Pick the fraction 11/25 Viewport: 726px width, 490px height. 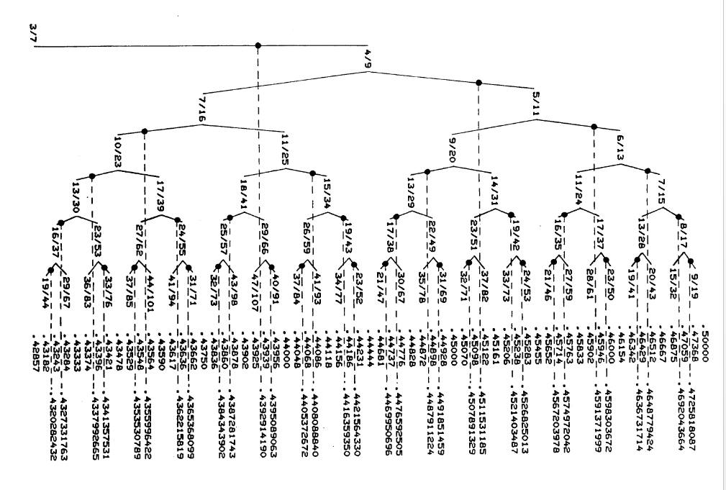286,145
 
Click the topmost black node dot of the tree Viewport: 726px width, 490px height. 258,45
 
